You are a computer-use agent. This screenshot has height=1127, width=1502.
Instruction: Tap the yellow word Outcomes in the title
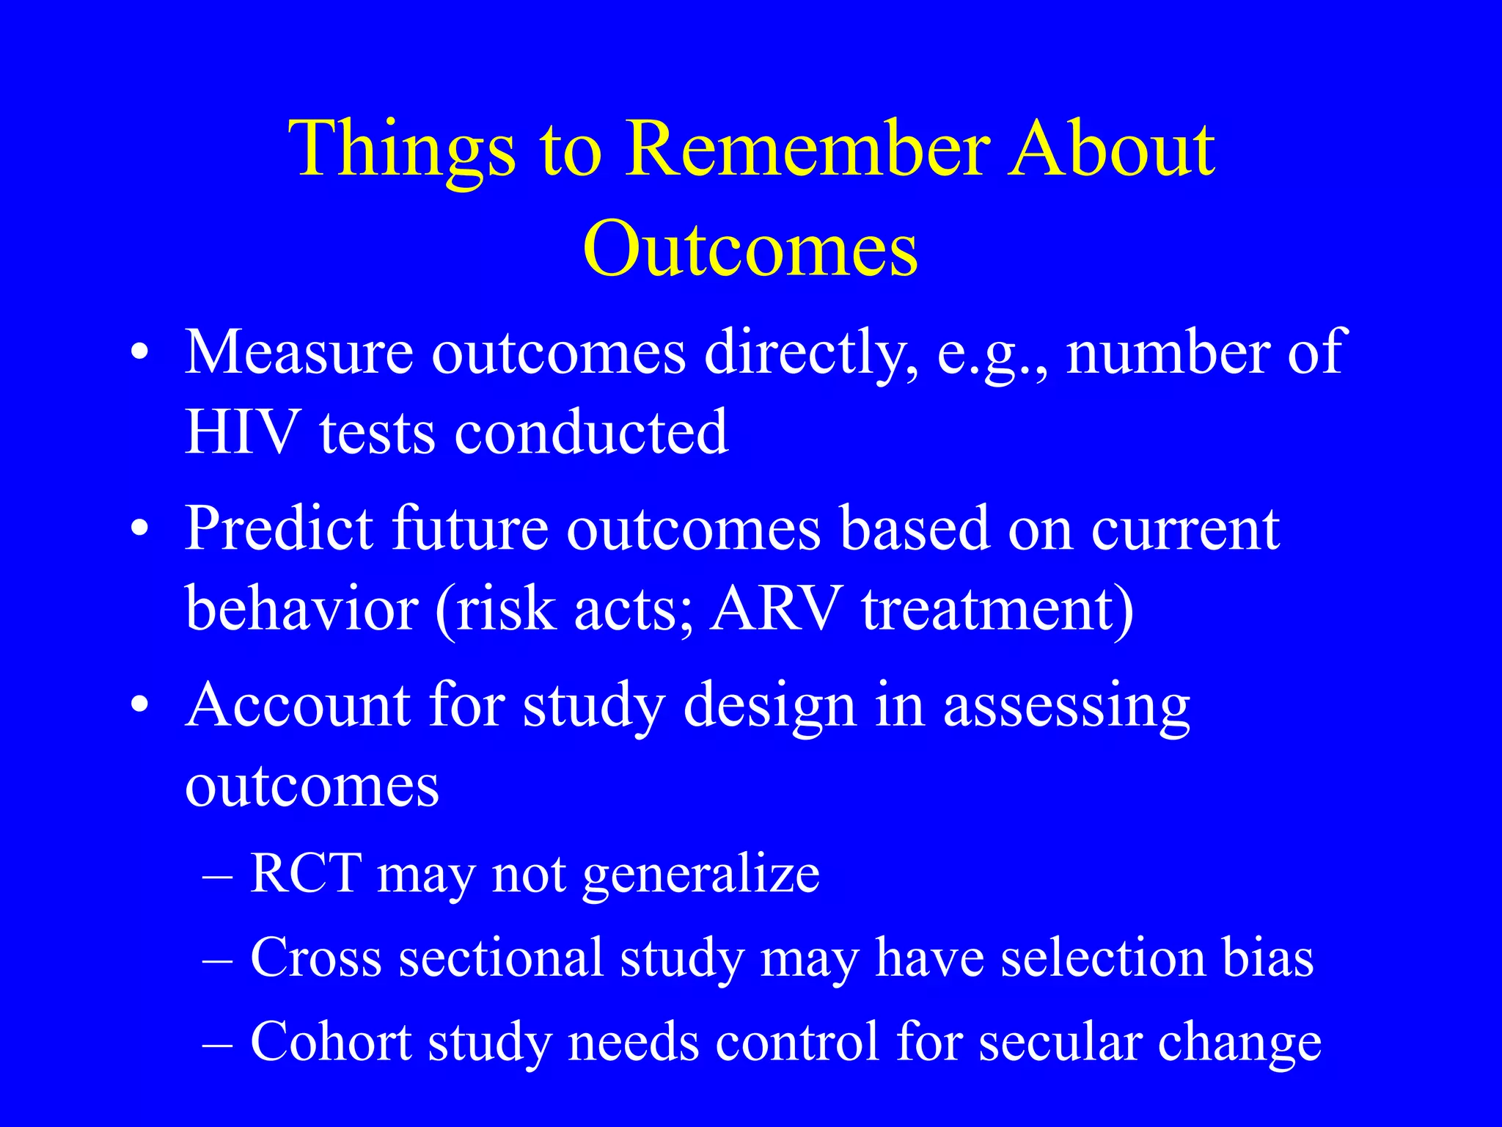750,249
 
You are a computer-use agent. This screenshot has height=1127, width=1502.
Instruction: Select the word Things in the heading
402,150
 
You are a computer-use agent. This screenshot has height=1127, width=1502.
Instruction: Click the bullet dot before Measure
140,354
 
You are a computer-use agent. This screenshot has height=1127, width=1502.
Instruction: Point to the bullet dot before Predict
140,529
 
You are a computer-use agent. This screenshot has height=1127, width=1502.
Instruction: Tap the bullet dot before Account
140,705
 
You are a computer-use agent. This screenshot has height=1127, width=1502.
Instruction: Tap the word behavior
301,608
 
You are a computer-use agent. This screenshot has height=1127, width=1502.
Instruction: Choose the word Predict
278,528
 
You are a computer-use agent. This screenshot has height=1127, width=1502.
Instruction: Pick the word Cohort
331,1042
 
